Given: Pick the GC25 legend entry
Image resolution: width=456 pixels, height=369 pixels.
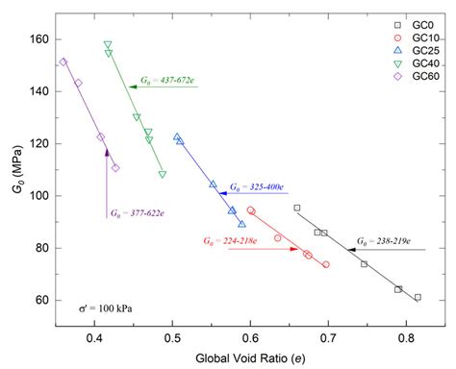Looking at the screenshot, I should point(420,50).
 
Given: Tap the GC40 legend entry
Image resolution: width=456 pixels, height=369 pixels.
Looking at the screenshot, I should point(420,62).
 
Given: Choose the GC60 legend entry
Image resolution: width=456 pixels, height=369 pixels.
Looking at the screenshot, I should point(420,75).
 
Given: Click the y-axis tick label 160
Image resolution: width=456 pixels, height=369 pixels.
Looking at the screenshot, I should point(38,39).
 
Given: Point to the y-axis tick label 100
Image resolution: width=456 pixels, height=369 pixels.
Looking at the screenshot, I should point(38,196).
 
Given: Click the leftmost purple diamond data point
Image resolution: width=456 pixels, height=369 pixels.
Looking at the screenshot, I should point(63,61).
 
